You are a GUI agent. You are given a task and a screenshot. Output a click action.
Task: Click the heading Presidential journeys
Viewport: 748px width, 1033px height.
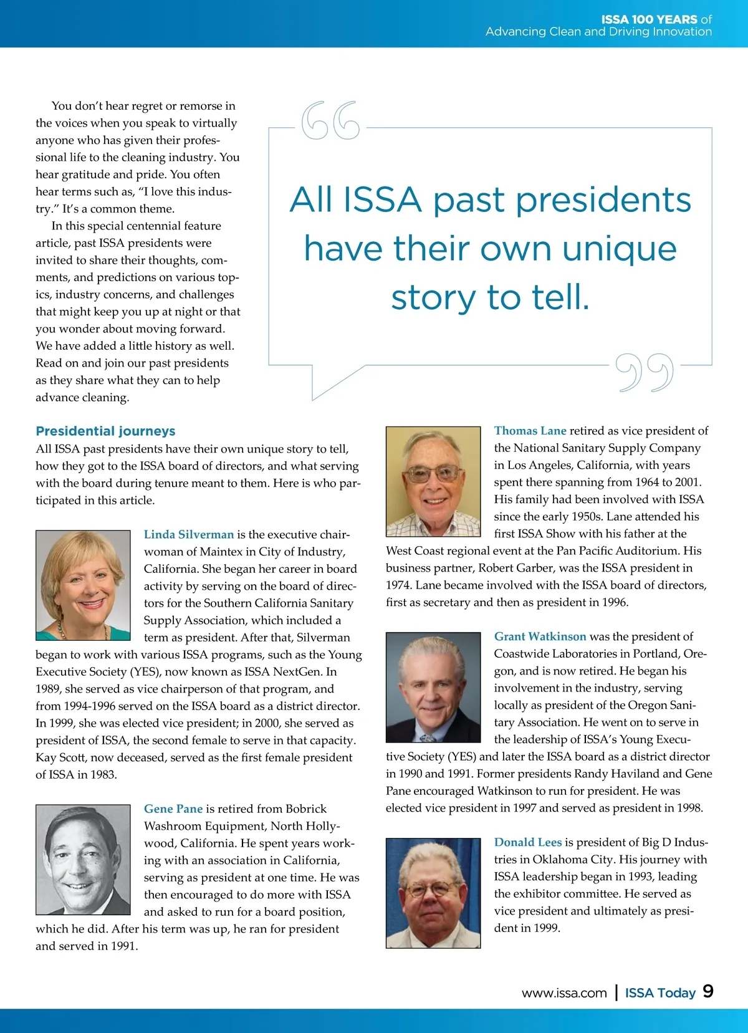pyautogui.click(x=105, y=431)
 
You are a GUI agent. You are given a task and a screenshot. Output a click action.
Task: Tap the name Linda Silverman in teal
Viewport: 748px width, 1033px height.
pyautogui.click(x=189, y=534)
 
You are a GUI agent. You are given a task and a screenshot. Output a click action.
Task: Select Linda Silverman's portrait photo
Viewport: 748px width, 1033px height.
pyautogui.click(x=83, y=585)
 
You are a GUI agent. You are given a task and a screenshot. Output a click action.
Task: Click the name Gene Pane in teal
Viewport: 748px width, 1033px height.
pyautogui.click(x=173, y=809)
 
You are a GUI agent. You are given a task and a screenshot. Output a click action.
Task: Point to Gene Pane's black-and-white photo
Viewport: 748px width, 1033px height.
pyautogui.click(x=83, y=860)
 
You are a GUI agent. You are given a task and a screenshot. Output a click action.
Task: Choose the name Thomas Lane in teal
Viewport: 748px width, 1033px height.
pyautogui.click(x=530, y=431)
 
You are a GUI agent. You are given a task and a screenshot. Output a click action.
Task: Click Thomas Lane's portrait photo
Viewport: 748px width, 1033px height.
pyautogui.click(x=433, y=481)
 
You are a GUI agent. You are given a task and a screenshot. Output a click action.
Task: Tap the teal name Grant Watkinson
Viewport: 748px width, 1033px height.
pyautogui.click(x=540, y=637)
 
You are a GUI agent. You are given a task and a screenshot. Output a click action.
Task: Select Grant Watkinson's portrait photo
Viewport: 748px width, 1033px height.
pyautogui.click(x=433, y=687)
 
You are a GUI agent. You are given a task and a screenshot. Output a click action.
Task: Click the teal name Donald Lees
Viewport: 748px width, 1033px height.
pyautogui.click(x=528, y=842)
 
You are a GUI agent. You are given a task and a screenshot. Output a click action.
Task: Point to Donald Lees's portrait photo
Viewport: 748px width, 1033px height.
pyautogui.click(x=433, y=893)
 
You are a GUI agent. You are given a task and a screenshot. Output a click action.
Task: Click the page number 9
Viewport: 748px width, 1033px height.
pyautogui.click(x=708, y=992)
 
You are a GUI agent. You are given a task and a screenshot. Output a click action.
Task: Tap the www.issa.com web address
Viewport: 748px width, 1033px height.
pyautogui.click(x=564, y=993)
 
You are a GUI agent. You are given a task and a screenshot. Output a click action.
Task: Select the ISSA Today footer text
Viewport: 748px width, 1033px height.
pyautogui.click(x=660, y=993)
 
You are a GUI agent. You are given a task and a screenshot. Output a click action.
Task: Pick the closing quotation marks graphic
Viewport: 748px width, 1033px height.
pyautogui.click(x=645, y=373)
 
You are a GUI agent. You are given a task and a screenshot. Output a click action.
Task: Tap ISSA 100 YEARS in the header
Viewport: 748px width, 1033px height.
pyautogui.click(x=649, y=19)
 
